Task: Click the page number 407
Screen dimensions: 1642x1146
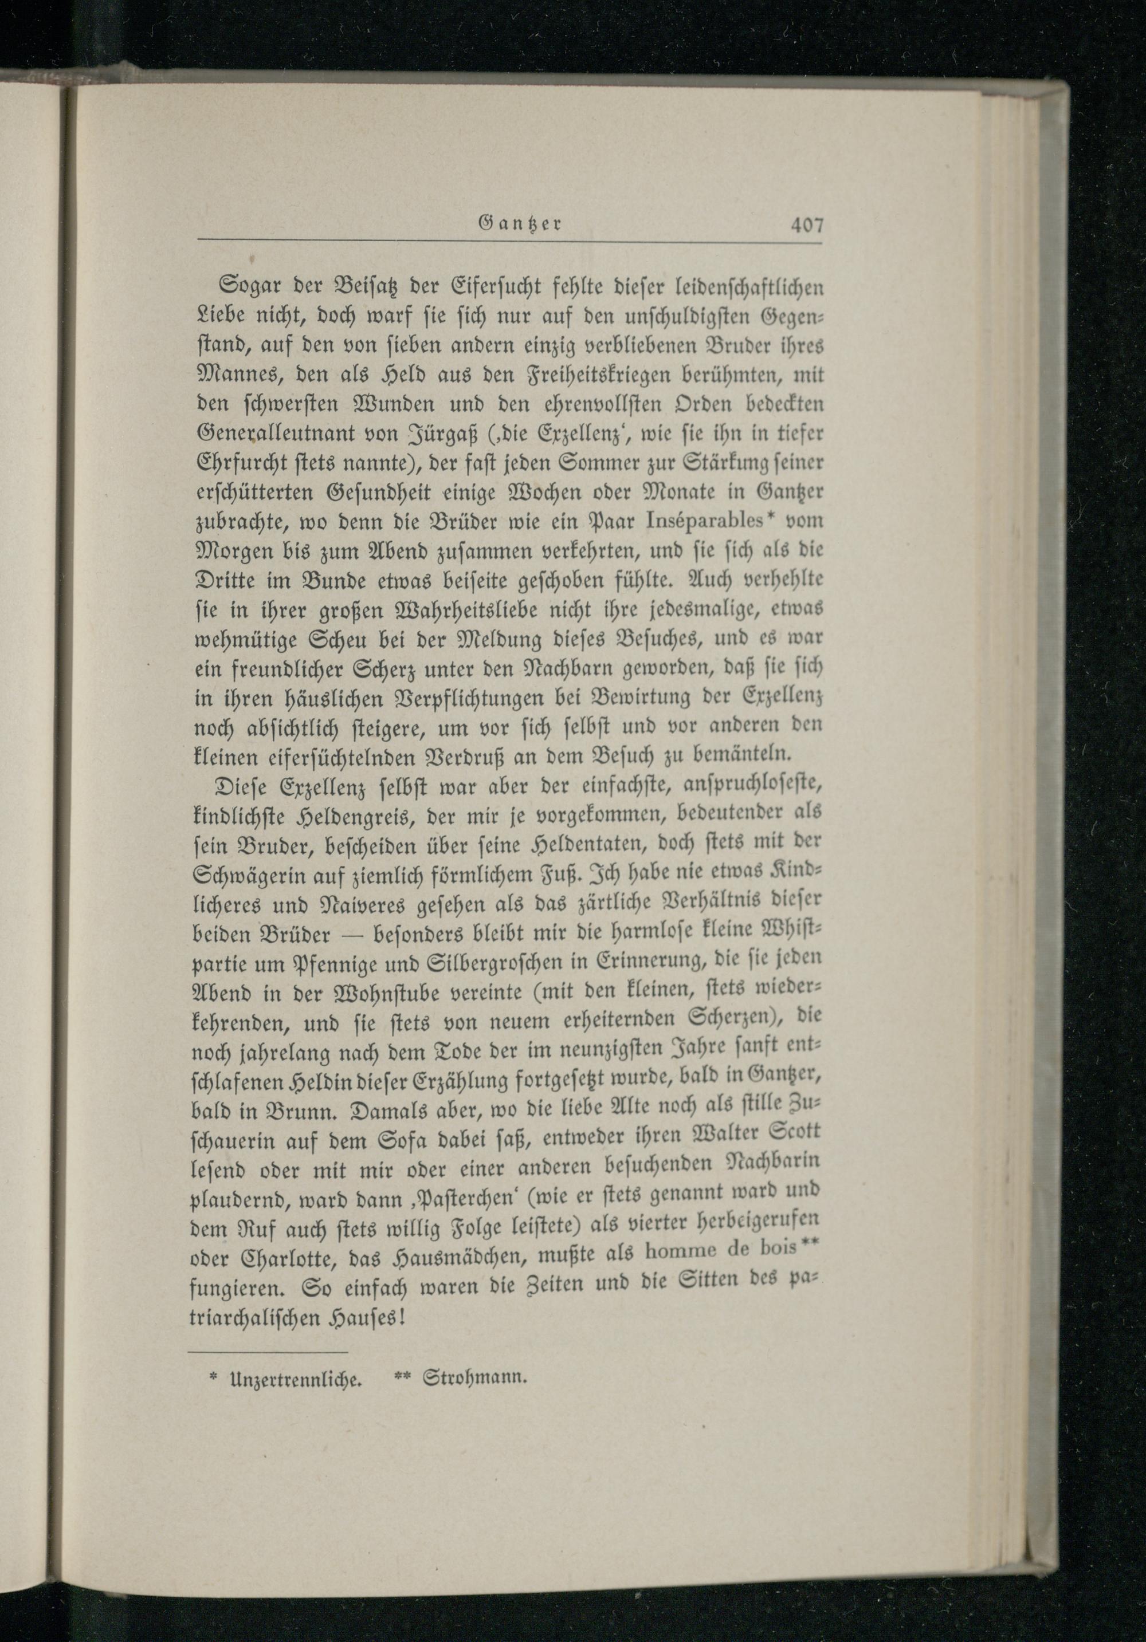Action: click(807, 226)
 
